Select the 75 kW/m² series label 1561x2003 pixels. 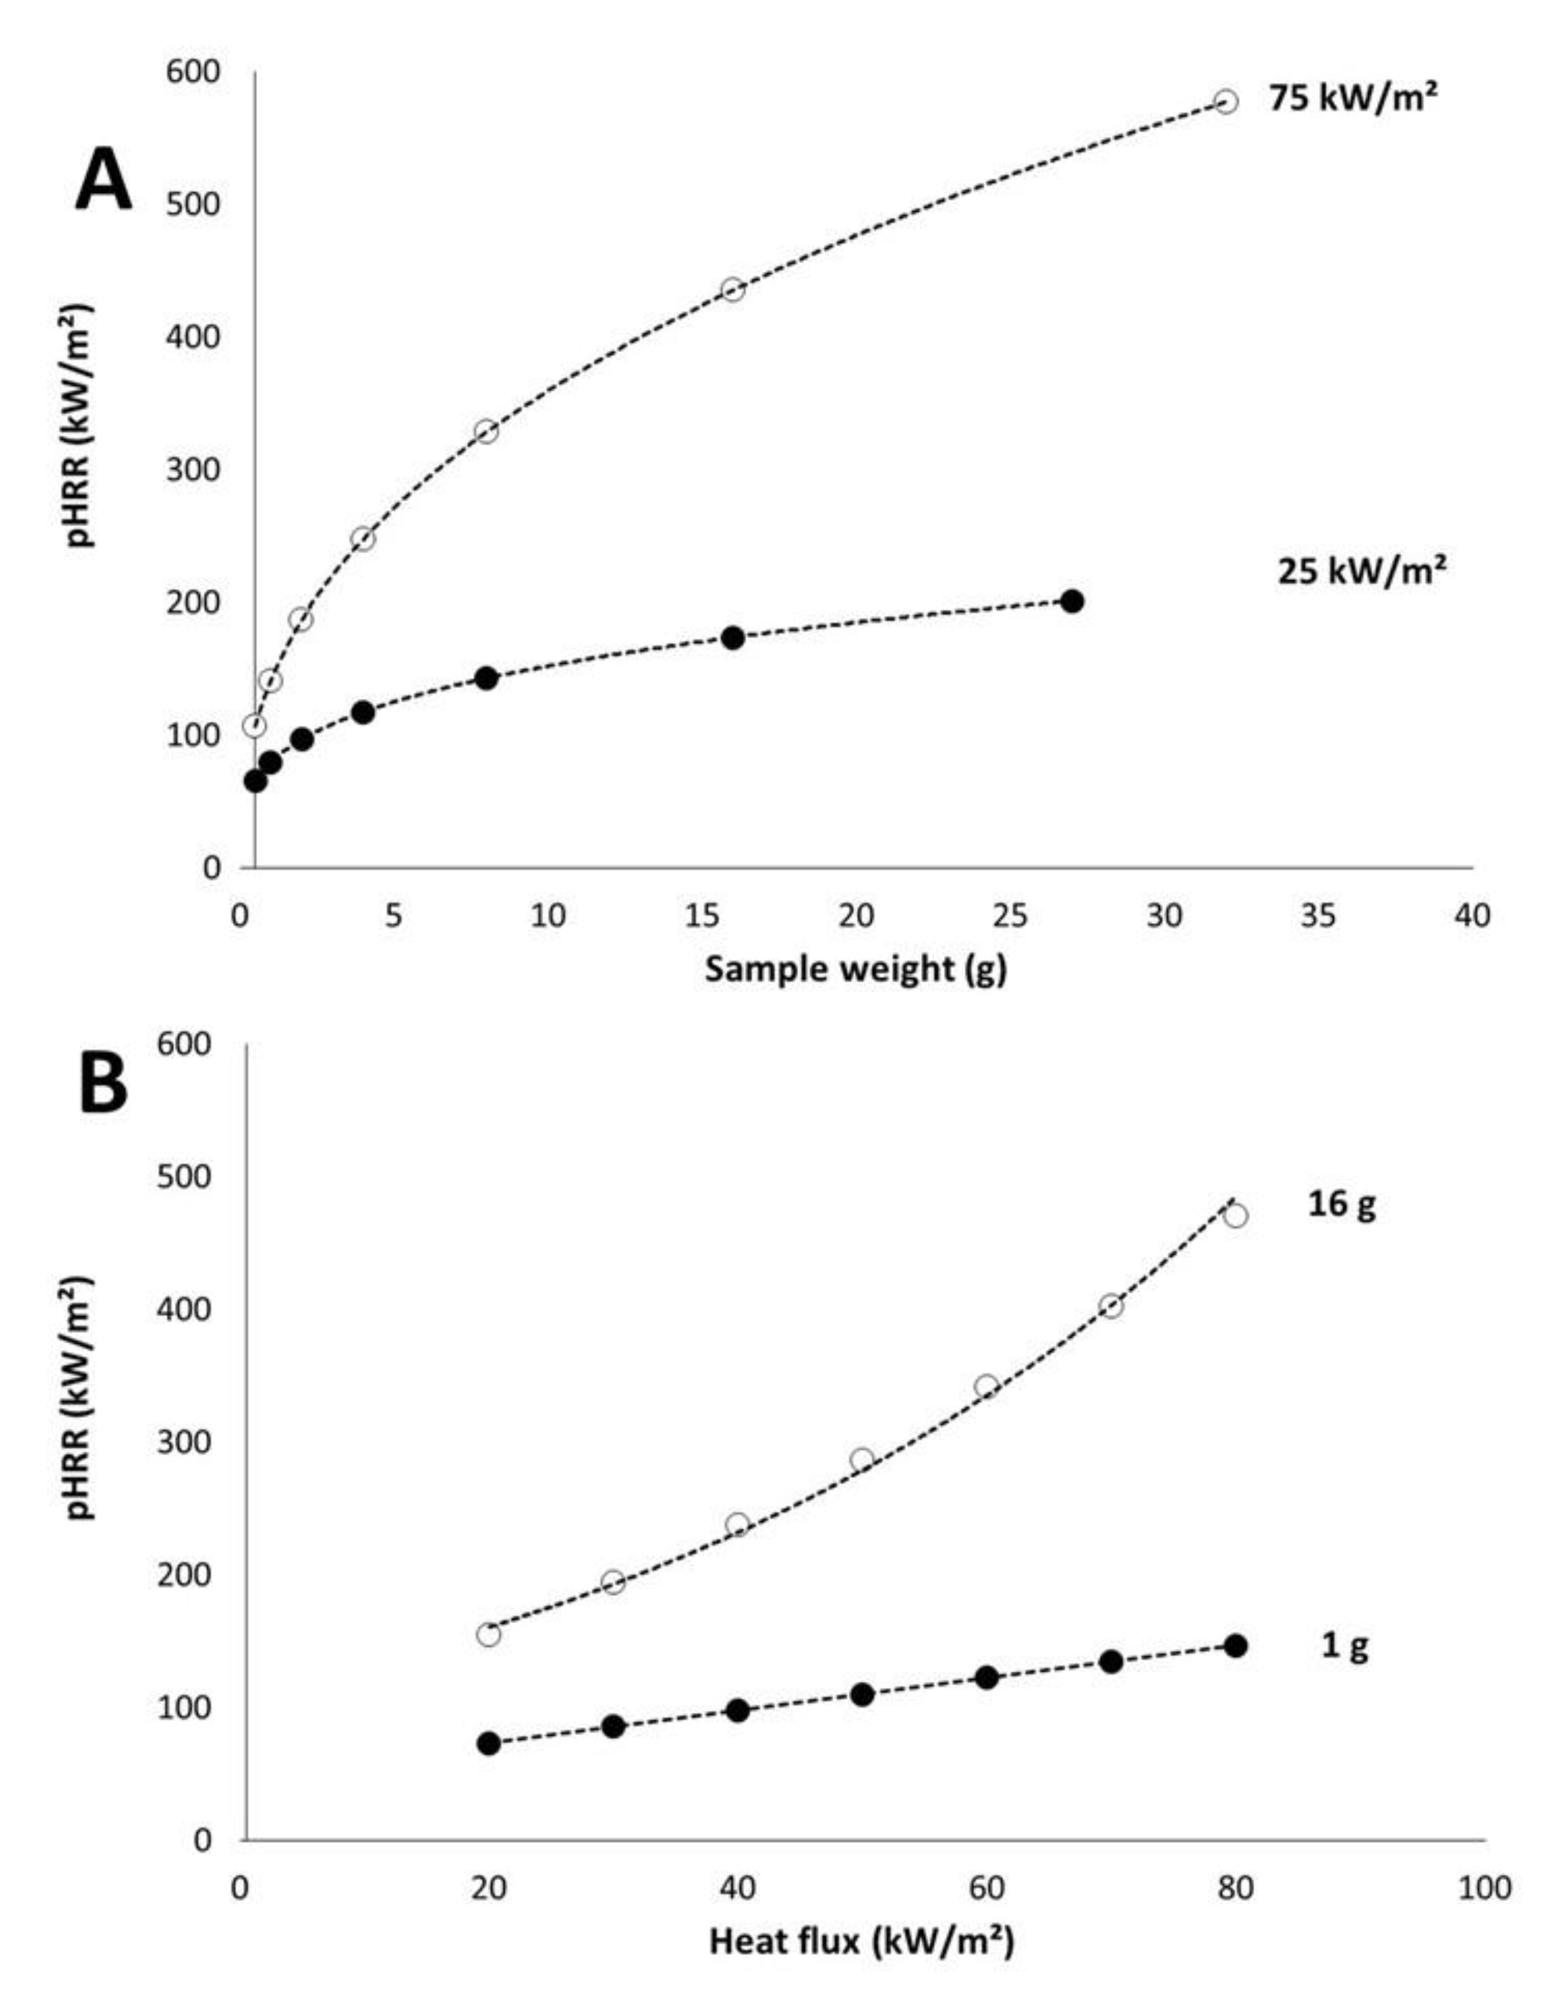1352,97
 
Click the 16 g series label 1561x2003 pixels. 1341,1204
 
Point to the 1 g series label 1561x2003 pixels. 1344,1647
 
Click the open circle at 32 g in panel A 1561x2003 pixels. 1226,102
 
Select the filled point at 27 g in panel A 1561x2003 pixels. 1071,602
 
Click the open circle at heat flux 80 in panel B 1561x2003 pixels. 1236,1216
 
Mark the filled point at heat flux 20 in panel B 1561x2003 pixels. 489,1743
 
